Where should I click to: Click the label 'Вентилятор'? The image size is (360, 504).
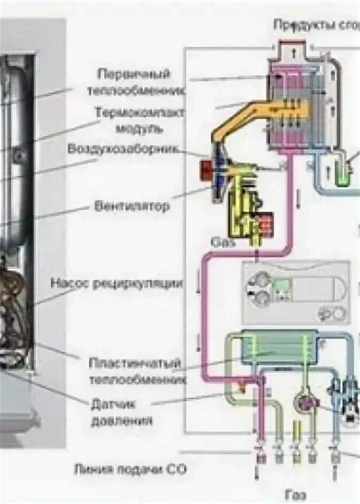point(132,206)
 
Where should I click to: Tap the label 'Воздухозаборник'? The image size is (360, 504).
point(122,149)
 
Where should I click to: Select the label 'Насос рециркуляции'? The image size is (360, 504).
point(116,283)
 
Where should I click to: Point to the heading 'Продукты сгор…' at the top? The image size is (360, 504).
point(316,25)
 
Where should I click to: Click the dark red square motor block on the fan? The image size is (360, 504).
point(206,170)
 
